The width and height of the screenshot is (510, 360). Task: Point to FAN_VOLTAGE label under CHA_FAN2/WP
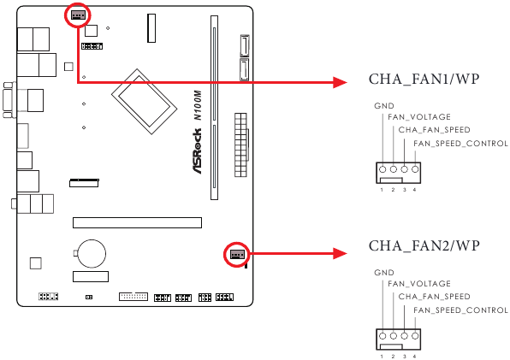(418, 284)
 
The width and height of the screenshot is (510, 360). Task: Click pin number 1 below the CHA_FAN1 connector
(382, 189)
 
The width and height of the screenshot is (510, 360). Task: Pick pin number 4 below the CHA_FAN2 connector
(415, 356)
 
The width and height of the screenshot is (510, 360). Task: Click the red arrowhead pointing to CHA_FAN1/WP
(339, 82)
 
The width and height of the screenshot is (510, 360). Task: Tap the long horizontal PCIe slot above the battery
(137, 222)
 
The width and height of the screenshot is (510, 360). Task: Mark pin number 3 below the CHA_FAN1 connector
(404, 189)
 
